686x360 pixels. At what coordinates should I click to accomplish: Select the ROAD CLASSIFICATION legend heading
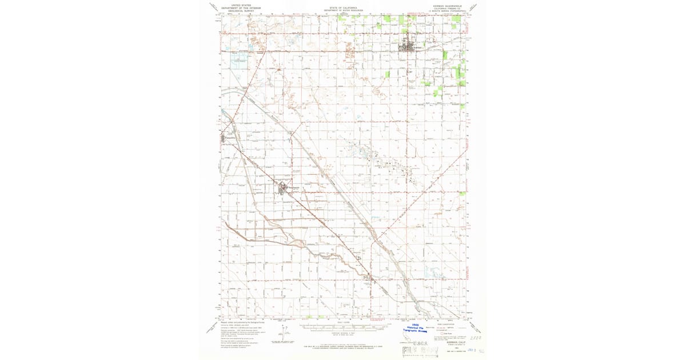pyautogui.click(x=446, y=324)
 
